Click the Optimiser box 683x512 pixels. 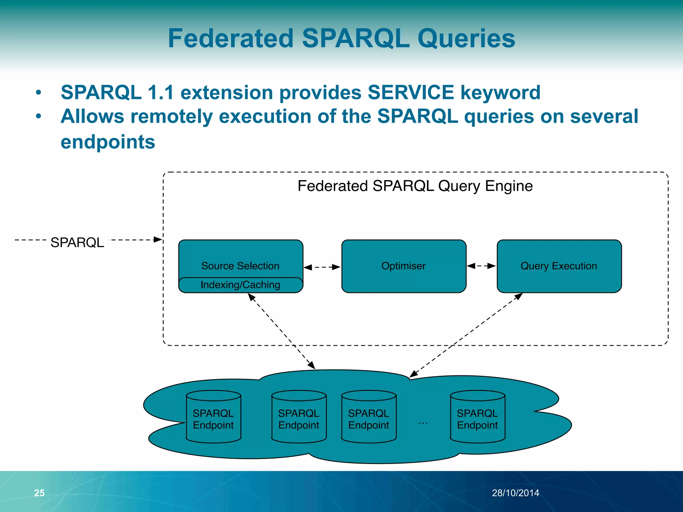coord(404,266)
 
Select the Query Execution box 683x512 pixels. coord(559,266)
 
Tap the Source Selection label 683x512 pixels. coord(240,266)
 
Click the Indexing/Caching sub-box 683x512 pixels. coord(240,285)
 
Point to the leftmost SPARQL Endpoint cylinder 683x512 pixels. coord(213,417)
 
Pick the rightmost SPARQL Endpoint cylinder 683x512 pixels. coord(477,417)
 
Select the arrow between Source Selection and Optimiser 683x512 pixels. coord(322,267)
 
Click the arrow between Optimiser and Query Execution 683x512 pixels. coord(481,266)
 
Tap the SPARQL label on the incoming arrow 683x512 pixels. coord(77,242)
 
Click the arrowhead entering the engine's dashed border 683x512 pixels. coord(158,239)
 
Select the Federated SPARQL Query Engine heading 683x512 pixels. coord(415,186)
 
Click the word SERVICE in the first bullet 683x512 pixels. coord(411,92)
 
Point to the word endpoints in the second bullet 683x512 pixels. coord(108,142)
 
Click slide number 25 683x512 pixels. coord(39,493)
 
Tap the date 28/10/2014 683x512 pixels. coord(515,493)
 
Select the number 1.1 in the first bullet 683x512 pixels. coord(161,92)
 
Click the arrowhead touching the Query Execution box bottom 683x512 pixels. coord(519,296)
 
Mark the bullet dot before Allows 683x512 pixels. coord(39,116)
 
